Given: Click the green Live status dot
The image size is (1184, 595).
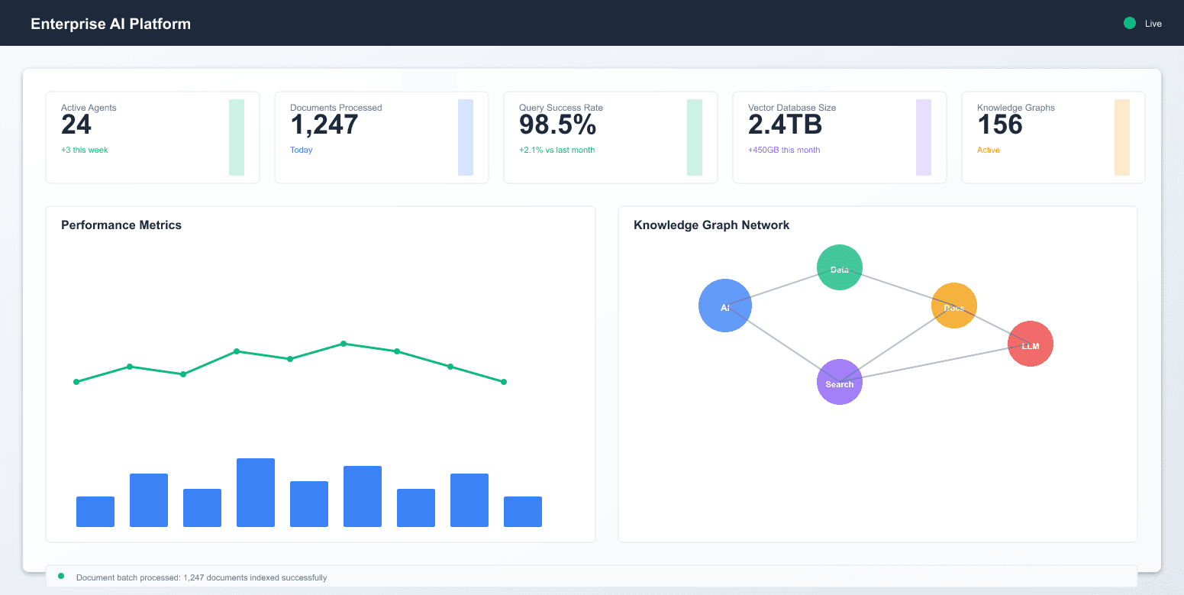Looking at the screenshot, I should click(1130, 23).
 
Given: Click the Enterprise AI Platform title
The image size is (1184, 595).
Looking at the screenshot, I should click(111, 24).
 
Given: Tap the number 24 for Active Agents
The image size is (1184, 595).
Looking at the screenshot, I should click(76, 124).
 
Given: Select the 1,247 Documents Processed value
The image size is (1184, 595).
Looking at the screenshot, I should click(324, 124).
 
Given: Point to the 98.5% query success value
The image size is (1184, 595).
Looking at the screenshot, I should click(557, 124).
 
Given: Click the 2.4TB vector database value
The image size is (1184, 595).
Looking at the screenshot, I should click(785, 124).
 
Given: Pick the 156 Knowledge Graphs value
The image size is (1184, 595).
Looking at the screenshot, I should click(1000, 124).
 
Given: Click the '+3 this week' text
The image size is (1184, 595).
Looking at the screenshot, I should click(85, 150).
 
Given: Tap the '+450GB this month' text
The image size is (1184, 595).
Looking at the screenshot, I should click(784, 150).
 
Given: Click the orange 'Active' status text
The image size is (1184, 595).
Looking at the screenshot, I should click(989, 150).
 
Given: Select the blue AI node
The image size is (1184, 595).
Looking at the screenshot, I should click(725, 306).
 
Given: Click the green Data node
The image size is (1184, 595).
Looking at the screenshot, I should click(840, 267).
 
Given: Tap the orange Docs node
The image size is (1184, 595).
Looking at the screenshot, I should click(954, 306).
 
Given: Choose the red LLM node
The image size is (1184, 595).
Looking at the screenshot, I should click(1031, 344).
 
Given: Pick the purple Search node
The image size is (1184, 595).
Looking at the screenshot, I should click(840, 382).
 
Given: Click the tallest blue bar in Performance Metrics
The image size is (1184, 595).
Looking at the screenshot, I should click(256, 493).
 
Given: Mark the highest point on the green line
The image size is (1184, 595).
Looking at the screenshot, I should click(344, 344).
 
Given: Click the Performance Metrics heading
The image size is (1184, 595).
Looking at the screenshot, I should click(121, 225).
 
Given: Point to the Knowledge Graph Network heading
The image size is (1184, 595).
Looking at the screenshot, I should click(711, 225).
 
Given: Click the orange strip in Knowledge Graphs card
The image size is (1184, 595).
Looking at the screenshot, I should click(1122, 137).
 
